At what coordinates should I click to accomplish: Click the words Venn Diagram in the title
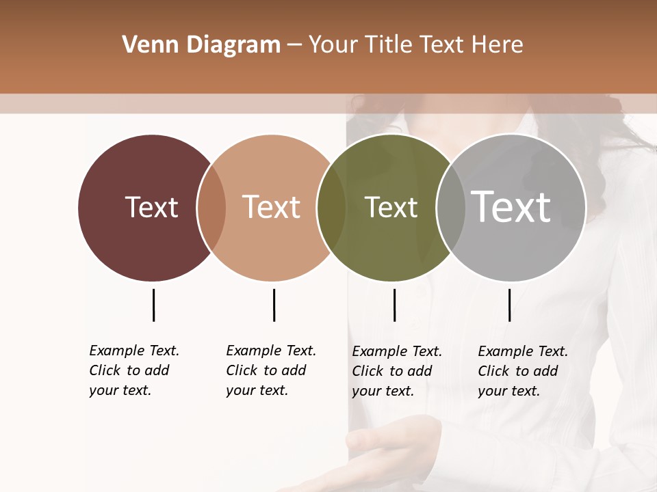pos(201,45)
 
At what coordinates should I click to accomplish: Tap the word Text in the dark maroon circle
pos(151,207)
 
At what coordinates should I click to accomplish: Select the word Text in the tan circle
pos(271,207)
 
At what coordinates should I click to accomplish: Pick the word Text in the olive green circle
pos(391,207)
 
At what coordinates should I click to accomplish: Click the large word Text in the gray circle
pos(511,206)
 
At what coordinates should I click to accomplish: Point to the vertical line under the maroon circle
pos(153,305)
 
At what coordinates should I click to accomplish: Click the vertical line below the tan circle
pos(274,305)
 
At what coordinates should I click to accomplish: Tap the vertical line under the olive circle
pos(394,305)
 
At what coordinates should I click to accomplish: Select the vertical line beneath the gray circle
pos(509,305)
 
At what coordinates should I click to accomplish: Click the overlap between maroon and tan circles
pos(211,207)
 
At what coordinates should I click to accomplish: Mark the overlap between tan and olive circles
pos(331,207)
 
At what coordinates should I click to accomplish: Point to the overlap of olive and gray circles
pos(451,207)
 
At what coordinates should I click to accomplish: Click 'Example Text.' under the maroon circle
pos(134,351)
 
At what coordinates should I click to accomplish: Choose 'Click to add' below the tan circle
pos(266,370)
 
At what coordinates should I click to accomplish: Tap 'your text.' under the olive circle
pos(383,391)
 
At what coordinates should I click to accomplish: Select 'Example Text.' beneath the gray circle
pos(523,351)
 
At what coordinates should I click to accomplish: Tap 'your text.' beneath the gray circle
pos(508,391)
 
